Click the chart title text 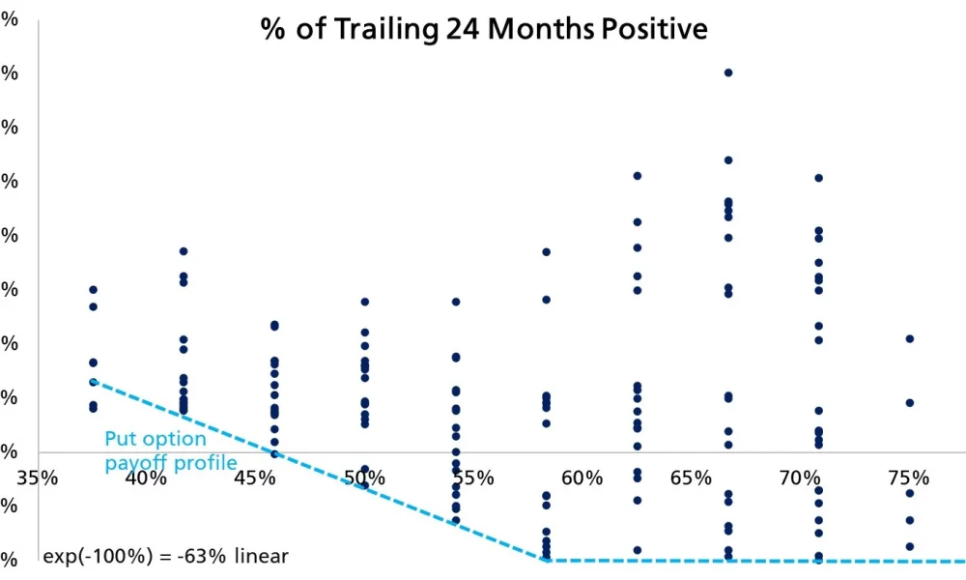(x=484, y=29)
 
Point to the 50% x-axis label (x=365, y=478)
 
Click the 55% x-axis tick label (x=474, y=478)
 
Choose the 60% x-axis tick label (x=582, y=478)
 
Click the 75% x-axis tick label (x=909, y=478)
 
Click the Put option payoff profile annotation (x=170, y=451)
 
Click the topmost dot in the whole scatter (x=728, y=72)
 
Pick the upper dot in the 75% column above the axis (x=909, y=338)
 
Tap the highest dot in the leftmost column (x=94, y=289)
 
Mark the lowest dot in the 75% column (x=909, y=546)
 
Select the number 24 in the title (x=464, y=29)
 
